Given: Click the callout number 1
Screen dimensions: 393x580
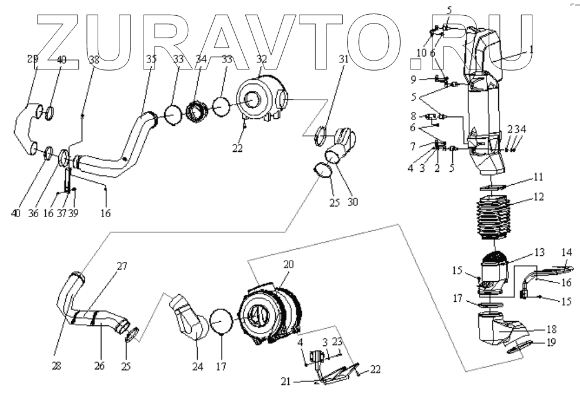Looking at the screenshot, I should [531, 50].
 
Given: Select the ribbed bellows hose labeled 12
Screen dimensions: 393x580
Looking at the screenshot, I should [495, 221].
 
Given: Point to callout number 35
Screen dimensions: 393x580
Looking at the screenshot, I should [151, 59].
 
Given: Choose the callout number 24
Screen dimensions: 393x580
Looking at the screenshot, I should [196, 367].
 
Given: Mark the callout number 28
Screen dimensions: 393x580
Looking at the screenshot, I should [56, 366].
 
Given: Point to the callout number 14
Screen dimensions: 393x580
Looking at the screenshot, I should [566, 252].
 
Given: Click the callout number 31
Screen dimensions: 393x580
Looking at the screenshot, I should [343, 59].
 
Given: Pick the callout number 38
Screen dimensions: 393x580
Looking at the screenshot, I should [94, 59].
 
